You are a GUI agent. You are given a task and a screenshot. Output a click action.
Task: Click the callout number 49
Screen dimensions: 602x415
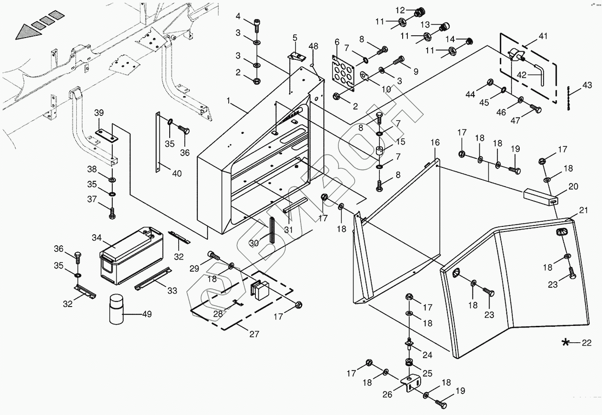[147, 314]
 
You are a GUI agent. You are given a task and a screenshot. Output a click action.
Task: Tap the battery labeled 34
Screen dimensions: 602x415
[131, 255]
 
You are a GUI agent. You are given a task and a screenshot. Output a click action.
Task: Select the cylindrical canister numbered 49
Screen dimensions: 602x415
[116, 309]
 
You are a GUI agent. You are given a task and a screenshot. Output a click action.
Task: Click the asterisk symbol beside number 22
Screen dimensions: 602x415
[565, 342]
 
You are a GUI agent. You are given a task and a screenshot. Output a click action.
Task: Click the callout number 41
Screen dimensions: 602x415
[543, 36]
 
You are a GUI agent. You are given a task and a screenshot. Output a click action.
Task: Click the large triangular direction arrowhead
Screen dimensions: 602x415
[28, 32]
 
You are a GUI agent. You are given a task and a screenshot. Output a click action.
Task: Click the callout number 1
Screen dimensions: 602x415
[228, 101]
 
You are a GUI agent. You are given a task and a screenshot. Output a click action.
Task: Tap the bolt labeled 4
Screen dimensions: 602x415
[256, 25]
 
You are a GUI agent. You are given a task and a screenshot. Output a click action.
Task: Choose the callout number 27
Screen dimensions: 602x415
[254, 334]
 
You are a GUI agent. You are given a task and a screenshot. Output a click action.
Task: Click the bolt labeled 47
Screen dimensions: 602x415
[536, 108]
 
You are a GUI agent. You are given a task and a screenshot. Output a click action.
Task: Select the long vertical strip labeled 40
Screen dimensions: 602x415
[158, 142]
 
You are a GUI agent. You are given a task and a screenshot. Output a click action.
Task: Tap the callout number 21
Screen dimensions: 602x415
[583, 210]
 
